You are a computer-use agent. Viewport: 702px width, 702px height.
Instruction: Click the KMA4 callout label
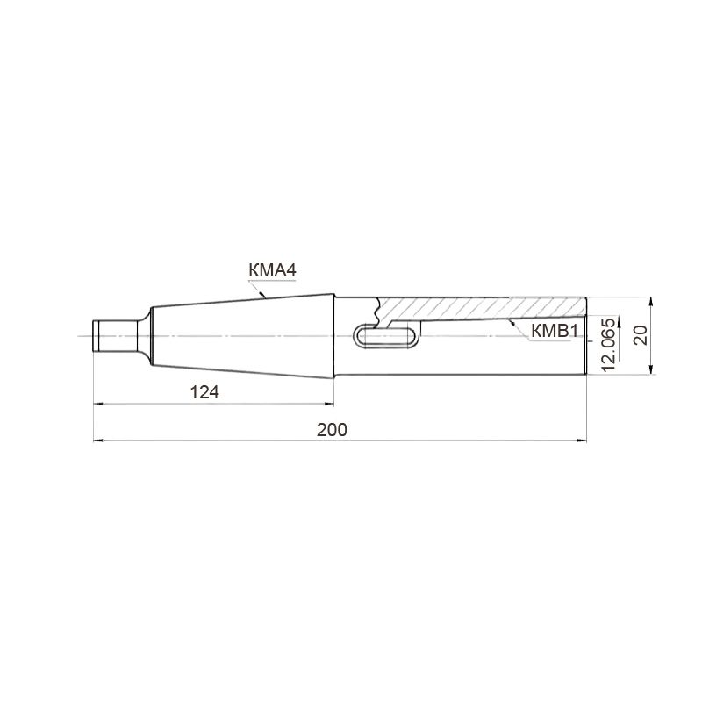272,270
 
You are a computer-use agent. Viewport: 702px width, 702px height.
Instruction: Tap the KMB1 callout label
555,332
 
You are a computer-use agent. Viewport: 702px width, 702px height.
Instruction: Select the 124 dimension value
204,392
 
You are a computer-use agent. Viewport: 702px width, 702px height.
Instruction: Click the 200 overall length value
332,430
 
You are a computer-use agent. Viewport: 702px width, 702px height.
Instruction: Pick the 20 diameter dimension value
641,335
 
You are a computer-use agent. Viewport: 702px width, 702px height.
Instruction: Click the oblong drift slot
386,335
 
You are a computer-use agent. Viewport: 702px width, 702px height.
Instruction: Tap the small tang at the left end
115,335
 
